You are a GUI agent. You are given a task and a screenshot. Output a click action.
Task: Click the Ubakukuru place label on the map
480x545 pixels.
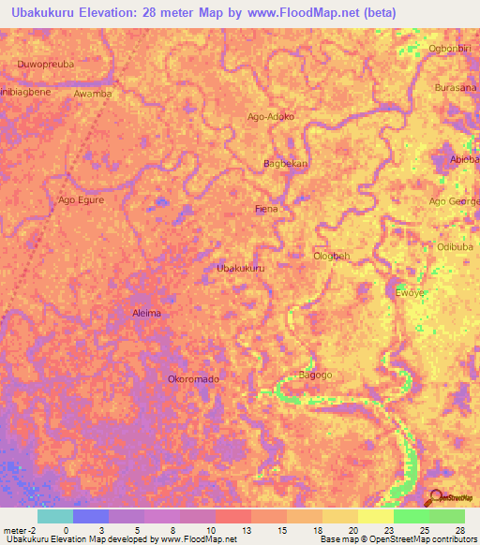[240, 268]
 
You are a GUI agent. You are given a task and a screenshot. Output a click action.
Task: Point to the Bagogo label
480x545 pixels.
[315, 375]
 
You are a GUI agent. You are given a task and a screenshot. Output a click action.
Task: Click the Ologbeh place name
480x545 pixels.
[331, 256]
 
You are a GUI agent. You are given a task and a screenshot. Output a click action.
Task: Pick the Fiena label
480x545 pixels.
[266, 209]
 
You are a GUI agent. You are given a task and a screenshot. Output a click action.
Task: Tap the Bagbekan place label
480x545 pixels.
[285, 163]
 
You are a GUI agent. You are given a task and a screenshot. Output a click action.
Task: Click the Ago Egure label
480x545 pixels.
[81, 199]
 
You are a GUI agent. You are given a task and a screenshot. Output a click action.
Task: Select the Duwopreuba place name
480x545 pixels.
[45, 65]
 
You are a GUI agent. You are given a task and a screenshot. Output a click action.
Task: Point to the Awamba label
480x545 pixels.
[92, 94]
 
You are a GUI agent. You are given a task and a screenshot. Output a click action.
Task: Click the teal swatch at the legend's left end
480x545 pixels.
[54, 516]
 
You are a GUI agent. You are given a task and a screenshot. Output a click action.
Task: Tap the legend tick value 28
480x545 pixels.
[458, 530]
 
